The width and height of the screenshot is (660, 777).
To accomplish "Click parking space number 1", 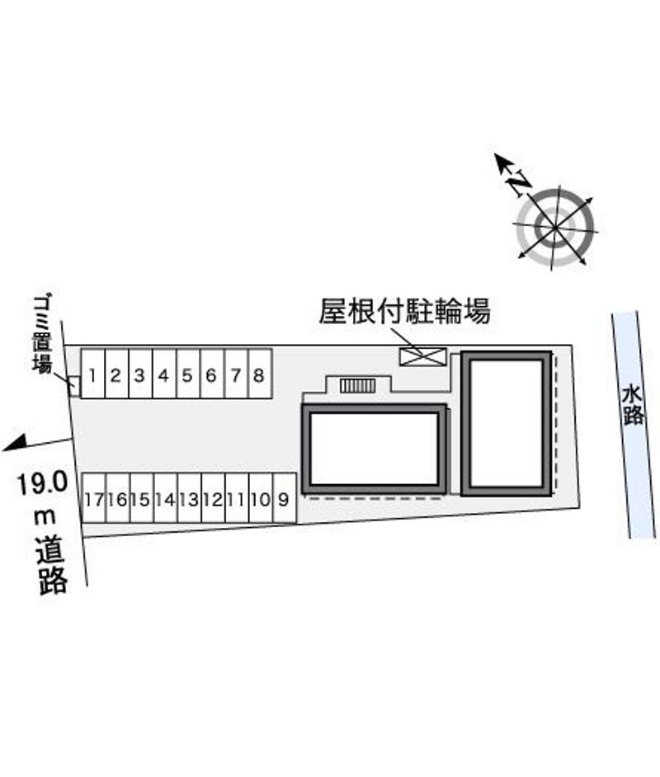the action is [93, 374].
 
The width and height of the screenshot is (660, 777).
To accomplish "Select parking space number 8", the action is [260, 374].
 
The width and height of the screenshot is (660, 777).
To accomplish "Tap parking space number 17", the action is [94, 497].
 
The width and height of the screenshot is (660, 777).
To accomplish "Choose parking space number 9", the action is [285, 497].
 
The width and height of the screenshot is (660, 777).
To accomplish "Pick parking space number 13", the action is [189, 497].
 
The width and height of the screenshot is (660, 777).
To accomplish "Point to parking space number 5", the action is [188, 374].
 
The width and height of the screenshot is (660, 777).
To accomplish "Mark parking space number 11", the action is [237, 497].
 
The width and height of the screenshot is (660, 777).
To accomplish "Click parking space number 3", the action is [141, 374].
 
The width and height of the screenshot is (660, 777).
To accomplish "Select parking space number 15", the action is [142, 497].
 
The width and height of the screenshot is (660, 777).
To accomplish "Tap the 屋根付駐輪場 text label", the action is [404, 311].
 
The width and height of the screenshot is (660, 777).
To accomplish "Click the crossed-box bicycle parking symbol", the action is [423, 357].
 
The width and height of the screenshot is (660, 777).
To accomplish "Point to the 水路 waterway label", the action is [633, 406].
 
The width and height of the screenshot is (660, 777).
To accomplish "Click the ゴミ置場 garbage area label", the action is [43, 335].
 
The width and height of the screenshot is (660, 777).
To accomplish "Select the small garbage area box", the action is [74, 387].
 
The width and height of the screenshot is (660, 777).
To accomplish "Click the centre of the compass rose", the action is [554, 228].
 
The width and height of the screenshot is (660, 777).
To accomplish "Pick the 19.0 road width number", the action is [41, 483].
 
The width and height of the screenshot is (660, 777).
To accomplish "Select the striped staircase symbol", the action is [357, 385].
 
